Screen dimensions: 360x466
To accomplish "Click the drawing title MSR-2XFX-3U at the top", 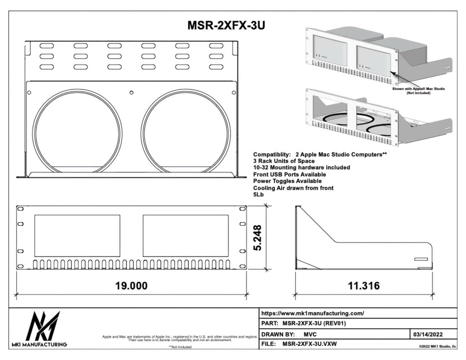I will click(226, 25).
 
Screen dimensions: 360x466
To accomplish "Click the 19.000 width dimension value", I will click(131, 286).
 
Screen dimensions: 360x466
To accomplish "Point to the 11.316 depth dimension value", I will click(364, 286).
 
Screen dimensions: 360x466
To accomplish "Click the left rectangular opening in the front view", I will click(77, 235).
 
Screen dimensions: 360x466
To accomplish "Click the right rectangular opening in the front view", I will click(186, 235).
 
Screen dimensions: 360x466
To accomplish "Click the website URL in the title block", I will click(313, 313).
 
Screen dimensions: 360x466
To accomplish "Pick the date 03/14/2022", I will click(428, 334).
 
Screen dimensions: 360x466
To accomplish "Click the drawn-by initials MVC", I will click(310, 334).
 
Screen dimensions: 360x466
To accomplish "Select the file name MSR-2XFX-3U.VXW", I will click(312, 345).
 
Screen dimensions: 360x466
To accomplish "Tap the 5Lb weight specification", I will click(258, 194).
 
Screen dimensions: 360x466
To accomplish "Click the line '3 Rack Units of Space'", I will click(284, 161).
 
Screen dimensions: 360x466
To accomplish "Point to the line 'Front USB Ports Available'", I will click(289, 174).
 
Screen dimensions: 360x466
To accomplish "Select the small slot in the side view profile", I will click(421, 259).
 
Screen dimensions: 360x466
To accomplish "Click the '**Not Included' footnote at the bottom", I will click(180, 347).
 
